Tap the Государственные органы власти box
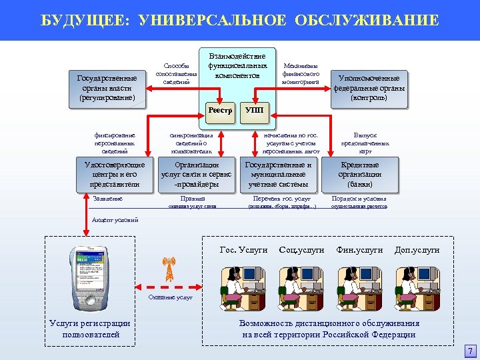coord(107,88)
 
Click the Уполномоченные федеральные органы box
coord(369,88)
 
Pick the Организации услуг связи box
coord(197,175)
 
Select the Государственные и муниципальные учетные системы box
coord(279,175)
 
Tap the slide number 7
coord(470,351)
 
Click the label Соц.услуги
coord(302,250)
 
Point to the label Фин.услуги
coord(360,250)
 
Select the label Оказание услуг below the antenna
coord(170,297)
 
